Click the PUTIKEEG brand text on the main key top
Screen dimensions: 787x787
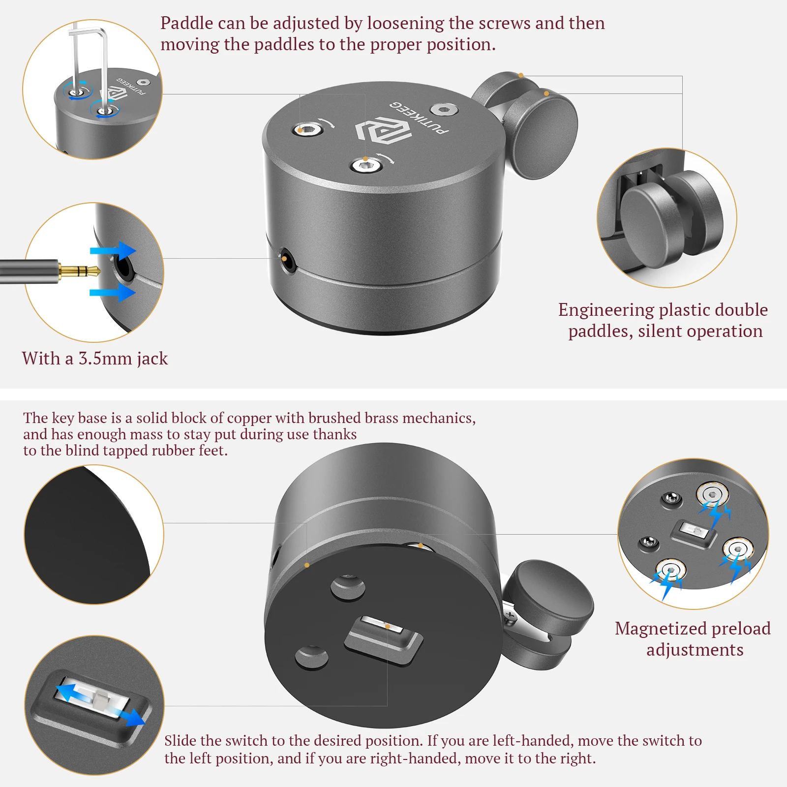[420, 118]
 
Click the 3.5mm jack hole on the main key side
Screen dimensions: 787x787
[287, 259]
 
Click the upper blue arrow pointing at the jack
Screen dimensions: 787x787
[113, 251]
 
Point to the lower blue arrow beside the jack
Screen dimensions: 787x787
[113, 293]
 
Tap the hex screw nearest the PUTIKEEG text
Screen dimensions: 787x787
[444, 109]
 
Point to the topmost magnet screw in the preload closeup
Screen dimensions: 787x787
[712, 494]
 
